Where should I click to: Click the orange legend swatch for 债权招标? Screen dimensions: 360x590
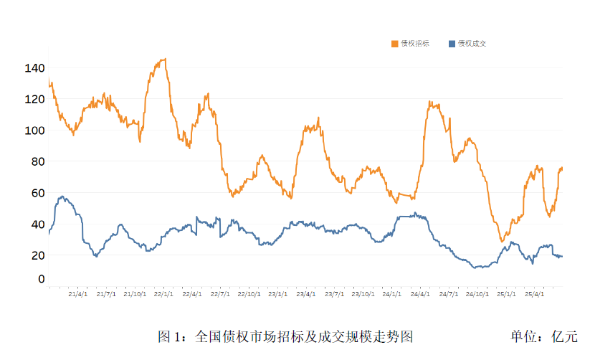tap(394, 44)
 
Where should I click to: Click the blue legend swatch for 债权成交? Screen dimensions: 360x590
tap(451, 44)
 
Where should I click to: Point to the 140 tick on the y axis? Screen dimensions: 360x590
tap(35, 68)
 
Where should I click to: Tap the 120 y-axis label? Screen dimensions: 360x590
tap(35, 99)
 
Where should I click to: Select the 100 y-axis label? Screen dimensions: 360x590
tap(35, 131)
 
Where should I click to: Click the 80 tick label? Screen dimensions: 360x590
tap(37, 161)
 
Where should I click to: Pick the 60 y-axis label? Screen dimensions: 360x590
tap(37, 193)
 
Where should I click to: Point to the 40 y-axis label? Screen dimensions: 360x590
tap(37, 224)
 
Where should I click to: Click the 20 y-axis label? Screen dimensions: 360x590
tap(37, 255)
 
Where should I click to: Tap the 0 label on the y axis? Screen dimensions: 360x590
tap(41, 279)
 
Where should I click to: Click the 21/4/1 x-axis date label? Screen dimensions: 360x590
tap(77, 293)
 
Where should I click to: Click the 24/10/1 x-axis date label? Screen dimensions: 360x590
tap(478, 293)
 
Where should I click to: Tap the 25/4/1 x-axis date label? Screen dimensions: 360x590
tap(535, 293)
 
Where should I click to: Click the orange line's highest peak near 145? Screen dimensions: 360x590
tap(164, 60)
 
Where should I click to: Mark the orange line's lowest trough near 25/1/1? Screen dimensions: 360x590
tap(502, 241)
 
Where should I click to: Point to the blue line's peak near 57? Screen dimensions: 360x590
tap(62, 196)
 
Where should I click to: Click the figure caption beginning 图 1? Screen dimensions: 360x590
tap(285, 336)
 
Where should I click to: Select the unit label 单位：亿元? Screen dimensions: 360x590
tap(543, 336)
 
